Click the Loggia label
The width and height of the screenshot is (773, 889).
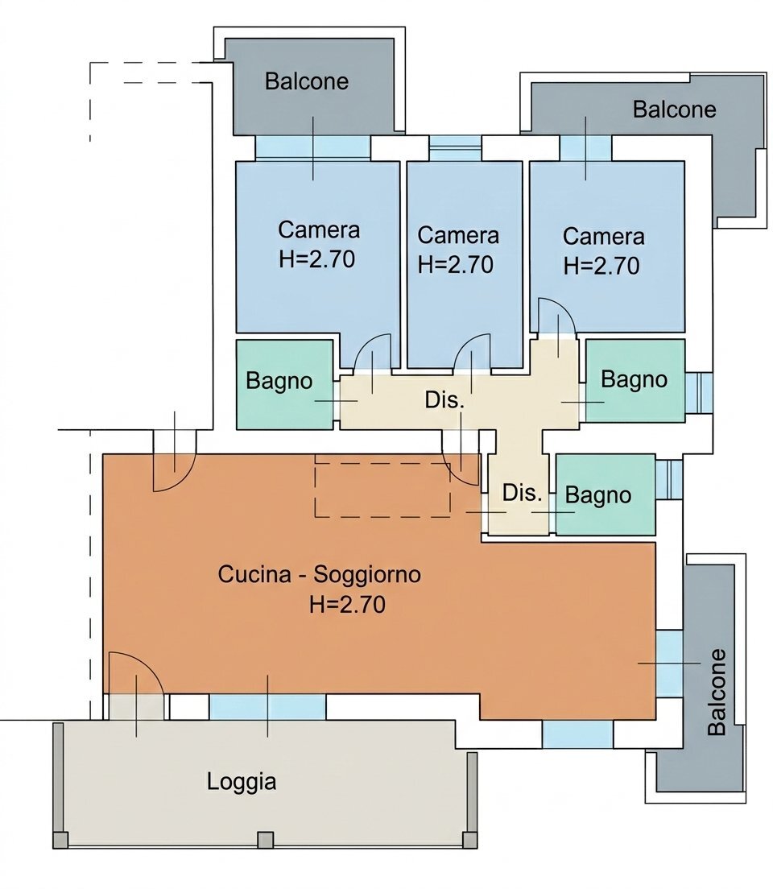[242, 781]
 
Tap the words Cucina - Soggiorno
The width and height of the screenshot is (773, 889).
[320, 575]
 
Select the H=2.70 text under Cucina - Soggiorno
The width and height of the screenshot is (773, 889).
[347, 605]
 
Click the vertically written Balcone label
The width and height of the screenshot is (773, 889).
[716, 692]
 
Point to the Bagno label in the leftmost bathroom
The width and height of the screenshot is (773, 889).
[279, 381]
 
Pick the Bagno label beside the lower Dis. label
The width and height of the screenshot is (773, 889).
[597, 494]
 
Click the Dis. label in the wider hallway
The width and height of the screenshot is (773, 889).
[444, 400]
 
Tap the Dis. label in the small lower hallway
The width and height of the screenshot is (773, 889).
[522, 493]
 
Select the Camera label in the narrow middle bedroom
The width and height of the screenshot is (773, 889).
[458, 235]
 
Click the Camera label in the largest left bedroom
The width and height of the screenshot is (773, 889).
[319, 229]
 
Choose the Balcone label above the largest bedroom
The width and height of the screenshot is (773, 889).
[307, 81]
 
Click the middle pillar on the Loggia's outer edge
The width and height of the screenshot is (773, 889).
[265, 840]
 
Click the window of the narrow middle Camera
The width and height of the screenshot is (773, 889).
[454, 147]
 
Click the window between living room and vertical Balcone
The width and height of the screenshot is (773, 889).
[669, 663]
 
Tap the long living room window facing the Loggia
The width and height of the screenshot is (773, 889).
[267, 706]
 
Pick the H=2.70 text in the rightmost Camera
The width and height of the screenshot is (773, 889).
[601, 265]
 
